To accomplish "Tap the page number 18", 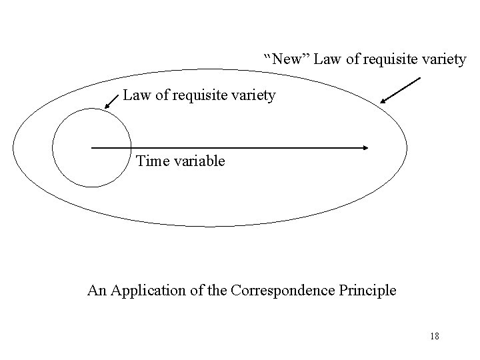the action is point(433,337).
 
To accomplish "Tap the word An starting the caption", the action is point(97,291).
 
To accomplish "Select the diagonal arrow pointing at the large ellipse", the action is point(400,91).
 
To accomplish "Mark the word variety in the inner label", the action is point(255,96).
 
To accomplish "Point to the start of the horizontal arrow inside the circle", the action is point(92,147).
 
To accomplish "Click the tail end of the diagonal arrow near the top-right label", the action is point(420,79).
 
